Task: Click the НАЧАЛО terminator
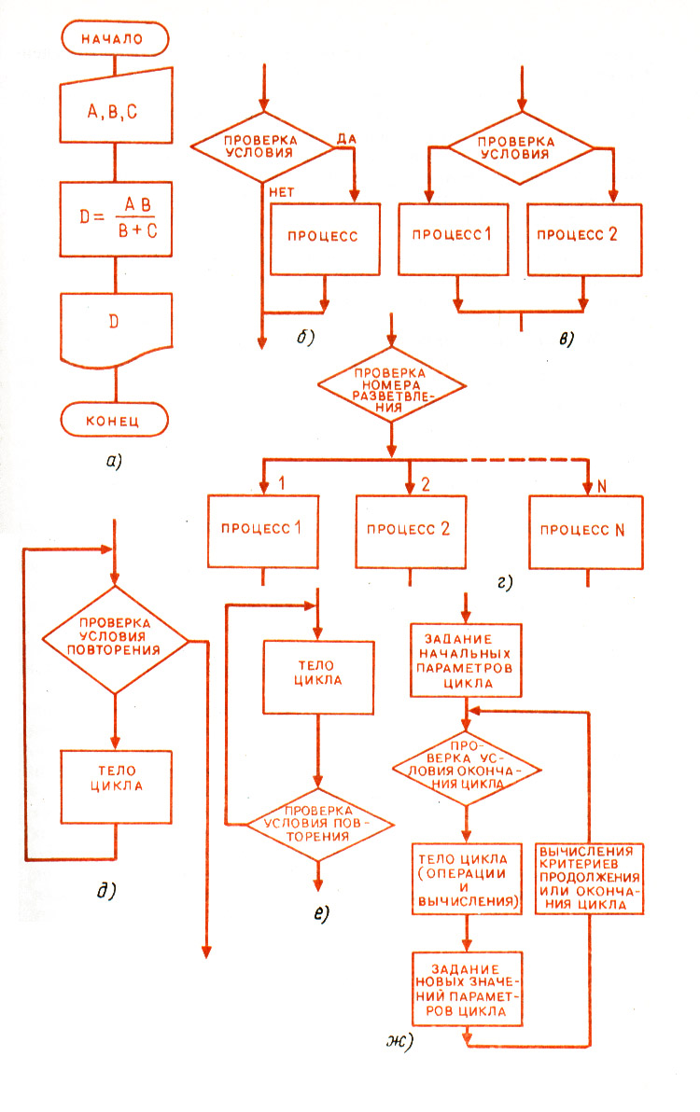pyautogui.click(x=115, y=40)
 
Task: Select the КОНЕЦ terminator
pyautogui.click(x=115, y=420)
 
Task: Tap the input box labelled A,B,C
pyautogui.click(x=115, y=111)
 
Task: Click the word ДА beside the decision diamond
pyautogui.click(x=345, y=138)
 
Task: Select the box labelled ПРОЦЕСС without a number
pyautogui.click(x=327, y=237)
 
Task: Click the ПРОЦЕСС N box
pyautogui.click(x=586, y=529)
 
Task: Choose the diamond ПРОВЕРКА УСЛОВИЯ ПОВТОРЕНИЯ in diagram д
pyautogui.click(x=116, y=640)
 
